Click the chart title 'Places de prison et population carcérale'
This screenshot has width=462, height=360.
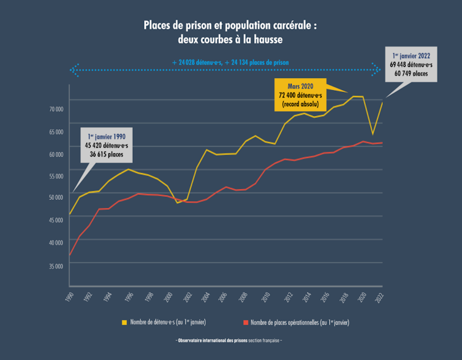pyautogui.click(x=230, y=26)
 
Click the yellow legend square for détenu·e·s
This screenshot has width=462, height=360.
pyautogui.click(x=125, y=321)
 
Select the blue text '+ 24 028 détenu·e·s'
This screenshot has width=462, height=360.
pyautogui.click(x=197, y=63)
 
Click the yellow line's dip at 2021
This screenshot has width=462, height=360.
pyautogui.click(x=373, y=134)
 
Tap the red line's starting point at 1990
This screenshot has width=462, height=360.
pyautogui.click(x=70, y=255)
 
